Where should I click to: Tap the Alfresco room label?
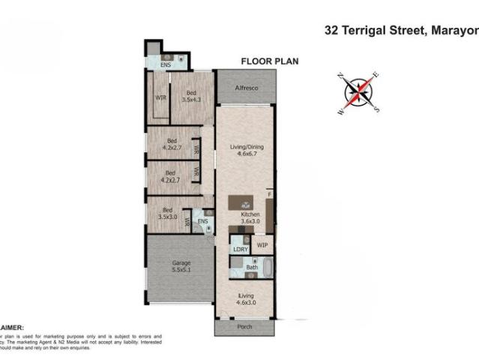(247, 89)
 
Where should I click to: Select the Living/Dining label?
(247, 147)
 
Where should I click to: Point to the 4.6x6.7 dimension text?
(247, 155)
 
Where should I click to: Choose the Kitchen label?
(250, 214)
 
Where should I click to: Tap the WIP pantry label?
(262, 245)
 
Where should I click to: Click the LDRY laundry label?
(240, 250)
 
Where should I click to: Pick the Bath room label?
(252, 267)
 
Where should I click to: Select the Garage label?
(181, 263)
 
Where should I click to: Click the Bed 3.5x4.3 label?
(193, 95)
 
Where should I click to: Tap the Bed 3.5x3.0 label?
(169, 211)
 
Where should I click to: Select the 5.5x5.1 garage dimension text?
(181, 271)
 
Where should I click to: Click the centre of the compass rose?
(361, 92)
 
